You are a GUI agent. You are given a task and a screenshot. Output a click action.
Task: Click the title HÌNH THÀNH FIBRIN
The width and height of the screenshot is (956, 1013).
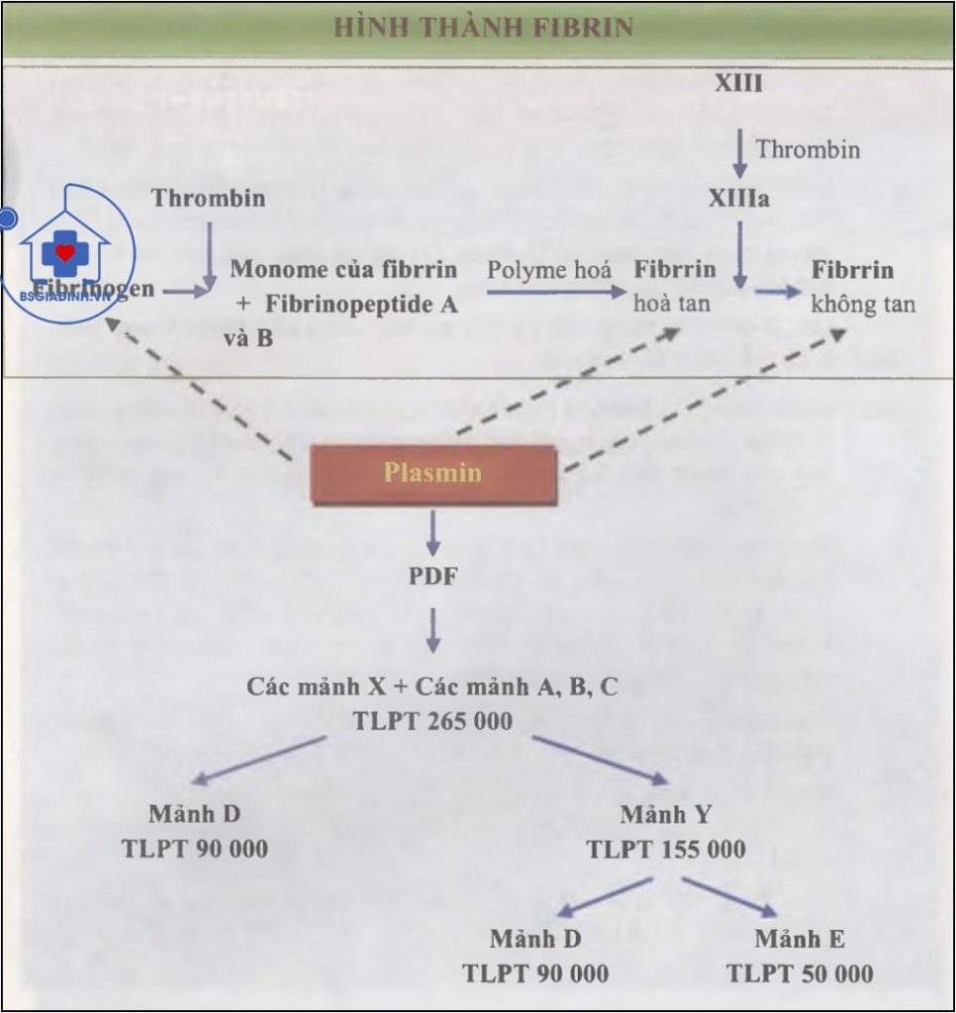(483, 27)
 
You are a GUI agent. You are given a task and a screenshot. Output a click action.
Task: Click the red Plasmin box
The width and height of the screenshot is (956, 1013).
(432, 473)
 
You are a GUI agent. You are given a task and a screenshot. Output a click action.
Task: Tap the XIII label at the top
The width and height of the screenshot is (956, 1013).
(738, 83)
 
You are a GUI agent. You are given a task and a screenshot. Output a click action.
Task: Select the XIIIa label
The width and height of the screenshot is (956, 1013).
(739, 199)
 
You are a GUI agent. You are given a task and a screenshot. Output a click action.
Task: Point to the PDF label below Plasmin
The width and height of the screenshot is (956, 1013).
(432, 575)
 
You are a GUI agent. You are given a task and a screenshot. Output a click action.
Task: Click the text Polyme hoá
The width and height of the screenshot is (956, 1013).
(548, 269)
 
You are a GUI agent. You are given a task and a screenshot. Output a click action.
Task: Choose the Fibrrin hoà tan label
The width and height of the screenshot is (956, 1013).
(674, 286)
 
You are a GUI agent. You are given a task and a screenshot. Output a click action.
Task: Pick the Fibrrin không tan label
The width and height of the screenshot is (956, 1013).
(862, 287)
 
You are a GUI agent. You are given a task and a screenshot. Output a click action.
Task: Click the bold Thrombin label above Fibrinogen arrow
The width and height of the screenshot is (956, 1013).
(208, 198)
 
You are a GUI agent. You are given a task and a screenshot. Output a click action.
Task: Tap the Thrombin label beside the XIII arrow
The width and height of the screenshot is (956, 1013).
(808, 149)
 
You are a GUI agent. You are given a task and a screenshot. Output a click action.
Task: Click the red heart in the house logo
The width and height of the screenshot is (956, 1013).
(65, 253)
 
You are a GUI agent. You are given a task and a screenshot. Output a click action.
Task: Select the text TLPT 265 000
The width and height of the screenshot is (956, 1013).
(432, 721)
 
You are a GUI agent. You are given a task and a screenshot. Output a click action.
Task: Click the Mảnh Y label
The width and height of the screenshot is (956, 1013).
(665, 815)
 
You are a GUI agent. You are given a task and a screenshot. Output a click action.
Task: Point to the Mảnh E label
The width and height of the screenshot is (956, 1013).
(800, 939)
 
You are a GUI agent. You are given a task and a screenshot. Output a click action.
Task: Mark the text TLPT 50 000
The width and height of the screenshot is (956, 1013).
(800, 973)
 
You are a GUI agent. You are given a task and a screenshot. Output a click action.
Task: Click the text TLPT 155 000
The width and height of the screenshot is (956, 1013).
(665, 850)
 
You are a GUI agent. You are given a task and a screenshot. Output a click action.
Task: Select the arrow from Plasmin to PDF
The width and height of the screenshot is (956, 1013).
(432, 533)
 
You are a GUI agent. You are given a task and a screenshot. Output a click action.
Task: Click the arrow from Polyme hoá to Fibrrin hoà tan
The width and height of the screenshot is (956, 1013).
(556, 292)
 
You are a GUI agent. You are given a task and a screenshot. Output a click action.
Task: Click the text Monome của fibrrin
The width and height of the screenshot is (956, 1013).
(343, 269)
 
